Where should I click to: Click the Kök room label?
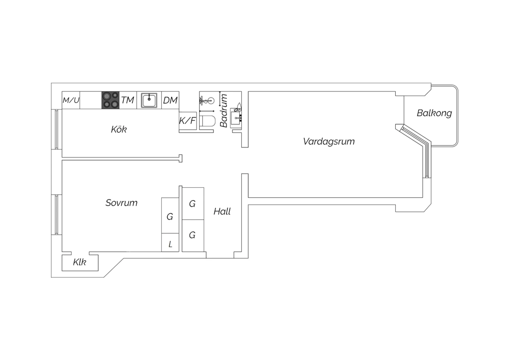click(119, 129)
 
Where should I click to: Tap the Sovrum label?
click(121, 203)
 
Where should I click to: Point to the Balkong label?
click(434, 113)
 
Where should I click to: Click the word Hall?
click(222, 212)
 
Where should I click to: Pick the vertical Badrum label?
click(224, 110)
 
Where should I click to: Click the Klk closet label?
click(79, 262)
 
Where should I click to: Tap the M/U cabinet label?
click(71, 100)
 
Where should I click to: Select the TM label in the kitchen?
click(128, 100)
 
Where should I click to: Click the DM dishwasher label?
click(170, 100)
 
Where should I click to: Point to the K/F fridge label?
click(187, 121)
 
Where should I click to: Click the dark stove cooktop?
click(110, 100)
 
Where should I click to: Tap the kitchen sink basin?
click(149, 100)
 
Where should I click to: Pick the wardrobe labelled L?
click(170, 242)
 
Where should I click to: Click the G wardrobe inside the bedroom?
click(170, 216)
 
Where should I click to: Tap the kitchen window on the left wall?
click(57, 129)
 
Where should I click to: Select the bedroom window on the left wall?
click(57, 215)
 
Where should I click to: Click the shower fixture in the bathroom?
click(207, 100)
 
